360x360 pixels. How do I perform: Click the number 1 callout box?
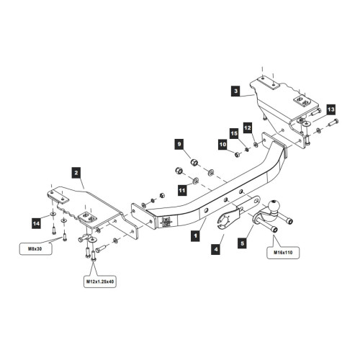coord(195,236)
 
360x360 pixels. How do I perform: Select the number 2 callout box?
coord(76,173)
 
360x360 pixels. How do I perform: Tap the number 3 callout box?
coord(236,91)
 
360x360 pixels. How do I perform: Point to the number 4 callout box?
coord(216,249)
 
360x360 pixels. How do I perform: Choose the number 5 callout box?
coord(243,243)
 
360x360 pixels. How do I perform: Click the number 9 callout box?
coord(179,144)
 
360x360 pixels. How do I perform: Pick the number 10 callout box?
coord(223,145)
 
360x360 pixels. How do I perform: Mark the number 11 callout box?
coord(182,190)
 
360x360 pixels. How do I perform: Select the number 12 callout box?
coord(248,127)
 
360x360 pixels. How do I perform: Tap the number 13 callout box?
coord(331,109)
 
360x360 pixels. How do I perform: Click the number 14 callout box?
coord(37,223)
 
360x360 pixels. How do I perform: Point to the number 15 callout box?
coord(234,133)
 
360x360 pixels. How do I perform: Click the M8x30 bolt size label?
coord(35,249)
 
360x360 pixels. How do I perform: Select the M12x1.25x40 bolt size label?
coord(100,282)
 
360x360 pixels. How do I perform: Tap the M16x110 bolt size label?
coord(283,253)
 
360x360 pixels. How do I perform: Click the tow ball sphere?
coord(274,206)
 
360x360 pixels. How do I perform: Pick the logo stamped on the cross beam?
coord(166,222)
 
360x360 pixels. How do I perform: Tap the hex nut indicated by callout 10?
coord(236,154)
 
